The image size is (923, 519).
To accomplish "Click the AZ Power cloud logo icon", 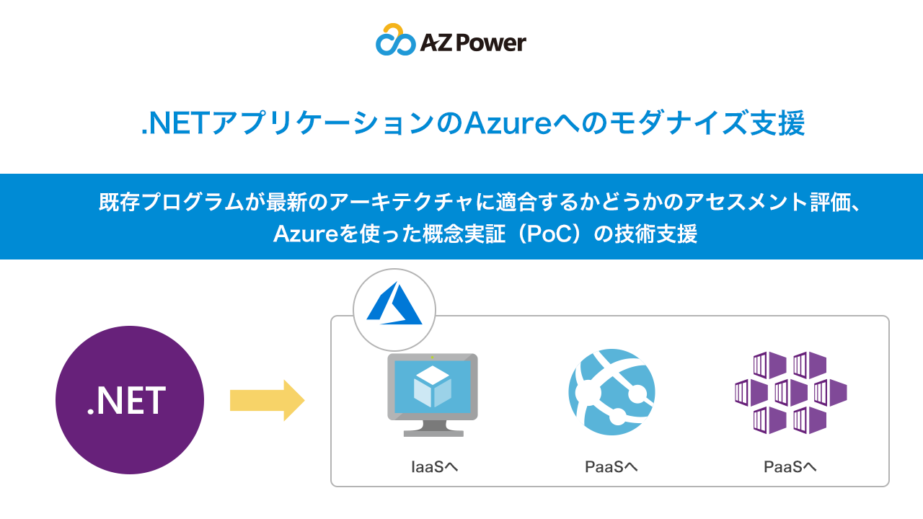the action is pyautogui.click(x=395, y=40).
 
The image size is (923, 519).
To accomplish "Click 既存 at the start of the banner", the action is pyautogui.click(x=119, y=202).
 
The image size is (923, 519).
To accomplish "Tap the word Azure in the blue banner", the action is pyautogui.click(x=306, y=234).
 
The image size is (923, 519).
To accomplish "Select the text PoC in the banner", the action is pyautogui.click(x=549, y=234).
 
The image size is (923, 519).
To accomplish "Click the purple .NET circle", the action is pyautogui.click(x=130, y=399).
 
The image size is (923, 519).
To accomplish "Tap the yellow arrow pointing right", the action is pyautogui.click(x=267, y=400).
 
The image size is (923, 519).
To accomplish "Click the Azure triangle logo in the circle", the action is pyautogui.click(x=394, y=303).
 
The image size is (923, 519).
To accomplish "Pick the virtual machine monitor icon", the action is pyautogui.click(x=433, y=394).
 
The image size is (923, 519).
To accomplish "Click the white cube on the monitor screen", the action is pyautogui.click(x=432, y=386).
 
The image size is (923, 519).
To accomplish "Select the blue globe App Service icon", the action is pyautogui.click(x=611, y=391).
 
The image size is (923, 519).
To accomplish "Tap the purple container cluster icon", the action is pyautogui.click(x=791, y=392).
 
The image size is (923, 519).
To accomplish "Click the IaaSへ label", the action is pyautogui.click(x=434, y=466).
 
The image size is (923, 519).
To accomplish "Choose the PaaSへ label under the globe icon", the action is pyautogui.click(x=611, y=466).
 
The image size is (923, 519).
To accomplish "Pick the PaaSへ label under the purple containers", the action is pyautogui.click(x=790, y=466).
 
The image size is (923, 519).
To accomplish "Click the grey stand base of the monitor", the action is pyautogui.click(x=433, y=433).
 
